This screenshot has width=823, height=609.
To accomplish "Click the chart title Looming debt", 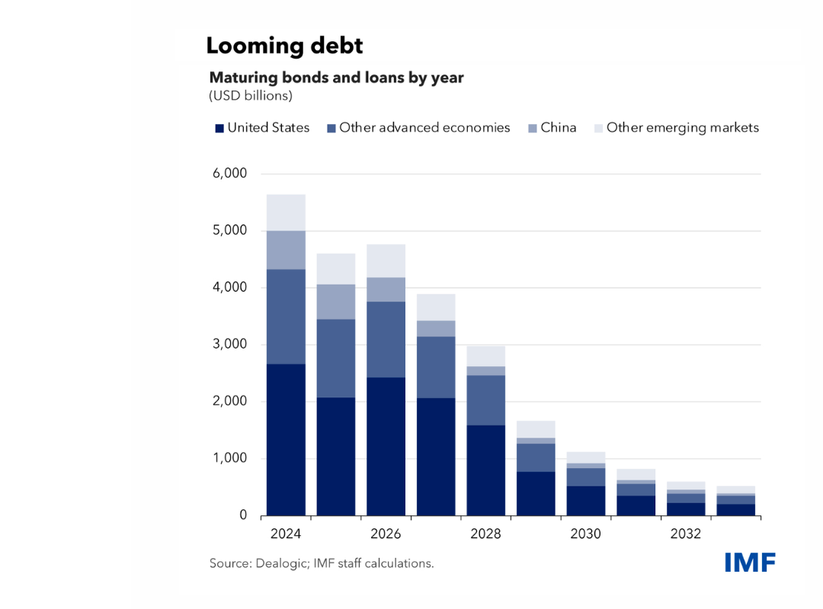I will pos(284,46).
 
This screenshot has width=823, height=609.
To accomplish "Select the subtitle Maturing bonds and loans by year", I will pos(336,78).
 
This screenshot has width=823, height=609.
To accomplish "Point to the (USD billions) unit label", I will pos(251,97).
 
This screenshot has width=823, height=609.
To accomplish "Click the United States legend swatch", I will pos(219,128).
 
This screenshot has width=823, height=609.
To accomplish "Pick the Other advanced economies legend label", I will pos(424,128).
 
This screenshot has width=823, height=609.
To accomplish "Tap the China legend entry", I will pos(559,128).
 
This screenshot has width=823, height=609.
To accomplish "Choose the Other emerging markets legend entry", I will pos(683,128).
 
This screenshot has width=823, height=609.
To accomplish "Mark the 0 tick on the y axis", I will pos(243,515).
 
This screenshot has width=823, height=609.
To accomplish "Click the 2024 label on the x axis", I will pos(286,534).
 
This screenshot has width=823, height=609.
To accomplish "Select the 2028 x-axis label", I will pos(485,534).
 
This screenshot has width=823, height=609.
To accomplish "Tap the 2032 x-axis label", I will pos(685,534).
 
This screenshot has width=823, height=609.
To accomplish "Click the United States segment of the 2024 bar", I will pos(286,439).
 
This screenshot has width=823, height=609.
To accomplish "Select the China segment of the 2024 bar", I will pos(286,250).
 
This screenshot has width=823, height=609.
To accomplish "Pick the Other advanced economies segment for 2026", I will pos(386,340).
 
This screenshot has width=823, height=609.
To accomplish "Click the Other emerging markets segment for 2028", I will pos(485,356).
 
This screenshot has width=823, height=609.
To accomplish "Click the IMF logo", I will pos(750,563).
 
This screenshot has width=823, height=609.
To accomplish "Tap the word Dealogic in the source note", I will pos(279,564).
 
